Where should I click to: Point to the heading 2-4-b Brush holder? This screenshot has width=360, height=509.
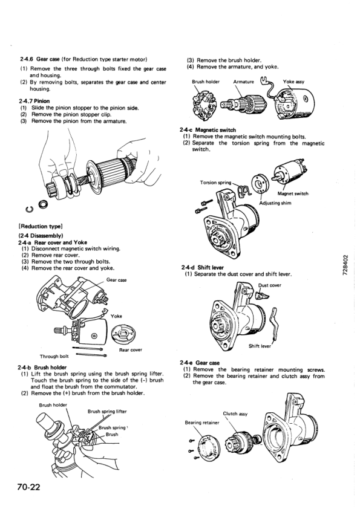coord(42,367)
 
